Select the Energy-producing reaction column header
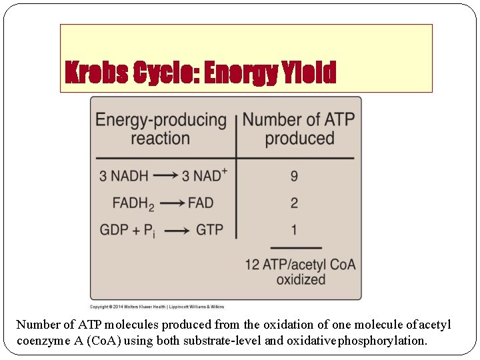coord(161,129)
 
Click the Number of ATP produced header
coord(299,129)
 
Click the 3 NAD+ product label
coord(205,176)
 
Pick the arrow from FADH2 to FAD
coord(173,203)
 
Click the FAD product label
coord(201,203)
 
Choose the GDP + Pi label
coord(127,230)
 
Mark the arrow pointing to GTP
coord(176,231)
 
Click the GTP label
coord(209,229)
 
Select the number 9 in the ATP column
coord(294,176)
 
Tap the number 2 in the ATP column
coord(294,203)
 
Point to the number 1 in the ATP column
coord(294,229)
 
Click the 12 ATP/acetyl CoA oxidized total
coord(300,271)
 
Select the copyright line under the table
coord(157,307)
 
